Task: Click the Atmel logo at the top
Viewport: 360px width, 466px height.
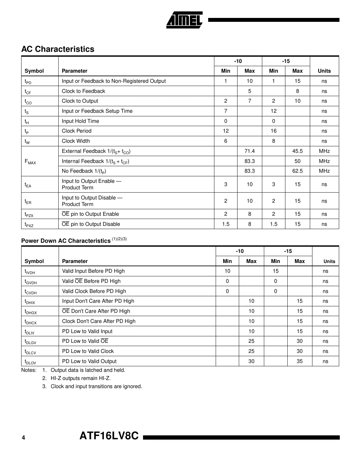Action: click(184, 20)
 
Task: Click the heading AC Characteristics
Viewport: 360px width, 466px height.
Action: click(58, 49)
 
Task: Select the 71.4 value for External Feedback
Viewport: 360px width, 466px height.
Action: click(249, 151)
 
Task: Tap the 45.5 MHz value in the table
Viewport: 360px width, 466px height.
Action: click(297, 151)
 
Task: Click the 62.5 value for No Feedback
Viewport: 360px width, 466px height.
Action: click(297, 171)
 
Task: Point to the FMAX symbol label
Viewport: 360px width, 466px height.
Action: click(30, 162)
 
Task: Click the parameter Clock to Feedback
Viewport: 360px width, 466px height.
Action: click(83, 91)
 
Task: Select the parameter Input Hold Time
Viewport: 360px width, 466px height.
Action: click(80, 121)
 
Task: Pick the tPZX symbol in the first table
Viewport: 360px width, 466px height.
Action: click(29, 215)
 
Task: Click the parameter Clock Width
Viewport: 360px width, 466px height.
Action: click(76, 141)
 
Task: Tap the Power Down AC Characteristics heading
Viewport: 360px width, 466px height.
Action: click(66, 241)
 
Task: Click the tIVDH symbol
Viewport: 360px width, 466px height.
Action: click(30, 271)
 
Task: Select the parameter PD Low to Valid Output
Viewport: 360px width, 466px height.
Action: click(89, 361)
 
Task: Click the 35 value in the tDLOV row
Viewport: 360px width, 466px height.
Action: click(299, 361)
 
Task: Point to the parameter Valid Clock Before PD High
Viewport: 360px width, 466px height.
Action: click(94, 291)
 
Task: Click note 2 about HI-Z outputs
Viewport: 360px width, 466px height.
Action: click(80, 378)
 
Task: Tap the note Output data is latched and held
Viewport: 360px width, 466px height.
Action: click(88, 370)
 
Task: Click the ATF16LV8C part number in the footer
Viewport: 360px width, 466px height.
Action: click(109, 436)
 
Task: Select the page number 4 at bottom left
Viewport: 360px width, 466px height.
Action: click(23, 438)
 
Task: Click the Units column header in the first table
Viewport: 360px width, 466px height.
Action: click(324, 71)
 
